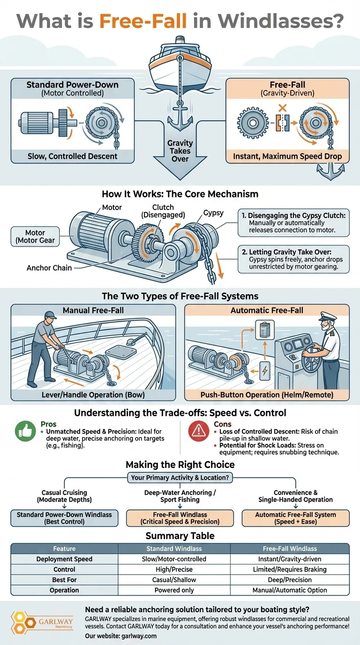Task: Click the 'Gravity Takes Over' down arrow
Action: (180, 155)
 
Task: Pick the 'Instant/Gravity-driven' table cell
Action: (291, 559)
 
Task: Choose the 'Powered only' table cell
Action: (174, 590)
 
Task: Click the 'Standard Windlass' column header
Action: (174, 548)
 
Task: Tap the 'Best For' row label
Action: (64, 579)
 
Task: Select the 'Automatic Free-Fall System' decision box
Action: (296, 518)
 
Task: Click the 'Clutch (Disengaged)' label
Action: (163, 211)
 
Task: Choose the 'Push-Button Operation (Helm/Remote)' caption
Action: (267, 395)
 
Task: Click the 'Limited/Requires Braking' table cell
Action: (291, 569)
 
